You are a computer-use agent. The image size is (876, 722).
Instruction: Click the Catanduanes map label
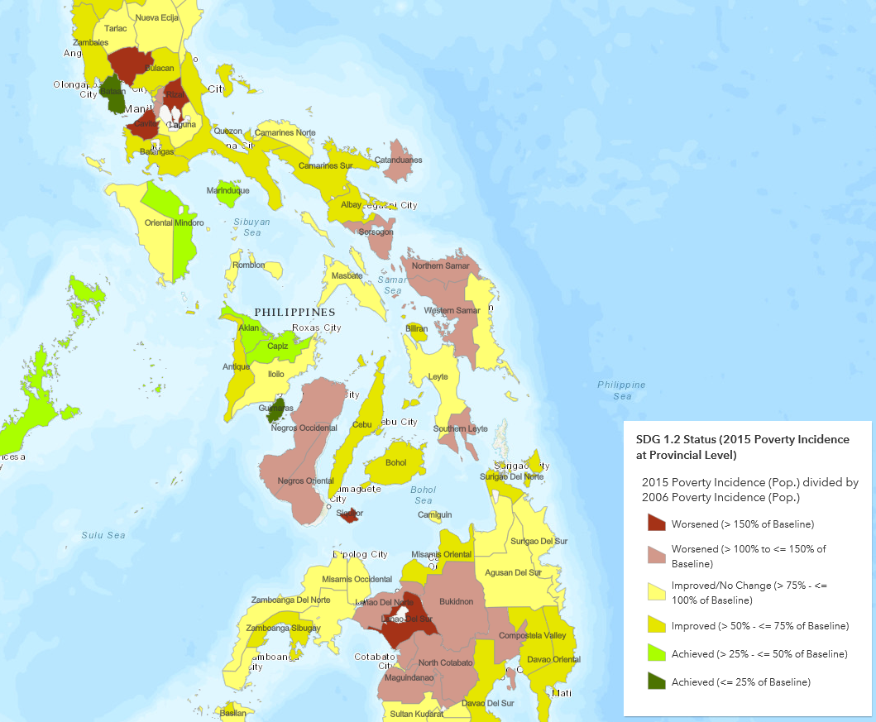pos(399,160)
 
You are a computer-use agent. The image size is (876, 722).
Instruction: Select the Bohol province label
pos(396,462)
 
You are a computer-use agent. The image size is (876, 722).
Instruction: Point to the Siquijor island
pos(350,514)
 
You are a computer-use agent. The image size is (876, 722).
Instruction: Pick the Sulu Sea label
pos(103,535)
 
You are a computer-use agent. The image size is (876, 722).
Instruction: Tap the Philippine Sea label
pos(621,390)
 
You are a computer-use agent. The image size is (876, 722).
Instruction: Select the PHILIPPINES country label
pos(294,312)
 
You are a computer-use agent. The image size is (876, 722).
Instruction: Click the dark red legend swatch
pos(657,523)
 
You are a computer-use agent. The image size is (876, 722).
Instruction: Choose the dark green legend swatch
pos(657,681)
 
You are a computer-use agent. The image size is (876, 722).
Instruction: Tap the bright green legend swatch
pos(657,653)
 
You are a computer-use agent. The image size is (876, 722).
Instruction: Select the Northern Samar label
pos(440,265)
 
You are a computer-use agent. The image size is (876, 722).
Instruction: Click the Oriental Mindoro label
pos(174,222)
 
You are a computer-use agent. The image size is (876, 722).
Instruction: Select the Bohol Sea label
pos(424,495)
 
